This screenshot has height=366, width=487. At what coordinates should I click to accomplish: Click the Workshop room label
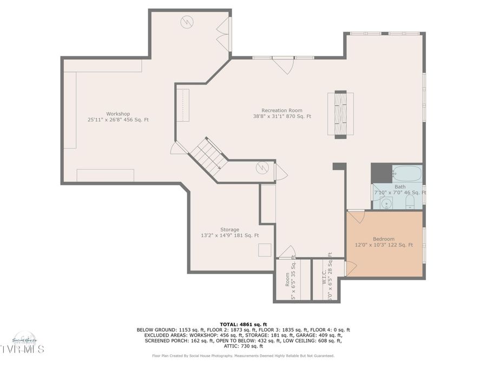(118, 117)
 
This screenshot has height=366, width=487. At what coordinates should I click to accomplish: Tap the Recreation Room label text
(282, 113)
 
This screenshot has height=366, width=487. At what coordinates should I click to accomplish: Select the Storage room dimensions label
(229, 235)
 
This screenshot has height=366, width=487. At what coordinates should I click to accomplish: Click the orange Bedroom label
(384, 242)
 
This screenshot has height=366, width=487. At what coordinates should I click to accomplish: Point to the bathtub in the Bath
(406, 174)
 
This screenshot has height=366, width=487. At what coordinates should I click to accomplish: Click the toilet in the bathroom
(410, 203)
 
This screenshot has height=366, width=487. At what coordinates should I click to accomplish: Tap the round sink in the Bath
(386, 203)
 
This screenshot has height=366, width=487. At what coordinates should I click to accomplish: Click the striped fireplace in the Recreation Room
(340, 114)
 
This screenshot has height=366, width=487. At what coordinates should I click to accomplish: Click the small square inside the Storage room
(265, 250)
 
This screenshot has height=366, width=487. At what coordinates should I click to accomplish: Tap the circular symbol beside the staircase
(262, 168)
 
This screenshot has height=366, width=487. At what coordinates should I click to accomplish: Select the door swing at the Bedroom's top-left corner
(356, 217)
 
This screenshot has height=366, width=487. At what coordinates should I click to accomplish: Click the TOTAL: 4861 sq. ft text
(243, 324)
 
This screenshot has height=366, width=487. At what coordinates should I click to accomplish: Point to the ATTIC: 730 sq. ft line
(243, 346)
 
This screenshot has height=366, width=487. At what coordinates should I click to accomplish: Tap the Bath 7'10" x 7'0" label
(399, 190)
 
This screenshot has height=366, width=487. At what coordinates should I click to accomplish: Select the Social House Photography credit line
(243, 356)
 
